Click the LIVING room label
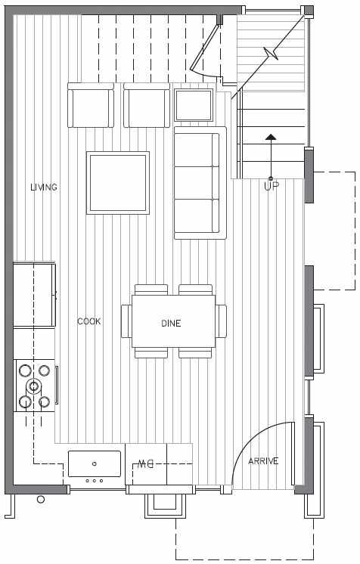pyautogui.click(x=44, y=187)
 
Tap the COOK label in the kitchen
pyautogui.click(x=89, y=321)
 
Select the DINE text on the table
pyautogui.click(x=171, y=323)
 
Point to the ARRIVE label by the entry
pyautogui.click(x=263, y=460)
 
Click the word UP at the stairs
pyautogui.click(x=271, y=186)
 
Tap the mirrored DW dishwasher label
pyautogui.click(x=145, y=464)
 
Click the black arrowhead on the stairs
pyautogui.click(x=271, y=137)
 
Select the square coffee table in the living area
pyautogui.click(x=118, y=183)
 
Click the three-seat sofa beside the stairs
pyautogui.click(x=200, y=183)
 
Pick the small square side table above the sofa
pyautogui.click(x=194, y=105)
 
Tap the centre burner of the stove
pyautogui.click(x=33, y=386)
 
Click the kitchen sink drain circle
pyautogui.click(x=95, y=463)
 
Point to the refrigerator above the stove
pyautogui.click(x=34, y=295)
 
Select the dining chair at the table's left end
pyautogui.click(x=126, y=321)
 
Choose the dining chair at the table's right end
pyautogui.click(x=221, y=321)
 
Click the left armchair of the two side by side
pyautogui.click(x=91, y=105)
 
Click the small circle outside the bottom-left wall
pyautogui.click(x=41, y=499)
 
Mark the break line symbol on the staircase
pyautogui.click(x=271, y=53)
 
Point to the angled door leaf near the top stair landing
pyautogui.click(x=204, y=46)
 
